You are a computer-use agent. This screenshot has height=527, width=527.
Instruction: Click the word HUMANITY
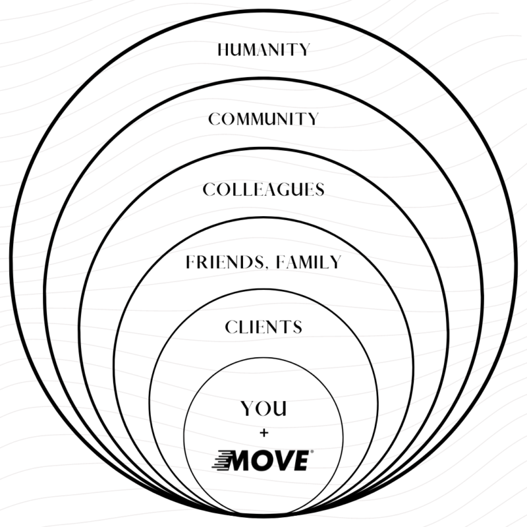coord(263,49)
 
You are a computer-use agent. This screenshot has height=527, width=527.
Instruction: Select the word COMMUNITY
coord(263,119)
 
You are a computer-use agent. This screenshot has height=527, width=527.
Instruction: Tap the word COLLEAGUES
coord(263,190)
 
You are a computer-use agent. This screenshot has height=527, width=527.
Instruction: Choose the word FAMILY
coord(310,262)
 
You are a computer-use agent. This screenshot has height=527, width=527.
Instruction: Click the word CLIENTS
coord(263,327)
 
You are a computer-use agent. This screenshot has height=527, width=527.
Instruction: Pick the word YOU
coord(263,409)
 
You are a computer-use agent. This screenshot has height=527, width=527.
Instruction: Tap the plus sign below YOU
coord(263,433)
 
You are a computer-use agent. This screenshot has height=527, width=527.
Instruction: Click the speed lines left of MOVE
coord(222,460)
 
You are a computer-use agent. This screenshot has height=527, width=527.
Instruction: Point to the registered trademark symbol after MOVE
coord(311,453)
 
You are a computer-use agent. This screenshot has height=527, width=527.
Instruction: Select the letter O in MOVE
coord(263,460)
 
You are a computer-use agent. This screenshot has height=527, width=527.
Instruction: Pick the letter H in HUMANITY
coord(224,49)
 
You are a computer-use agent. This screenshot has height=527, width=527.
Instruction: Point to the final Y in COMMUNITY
coord(313,119)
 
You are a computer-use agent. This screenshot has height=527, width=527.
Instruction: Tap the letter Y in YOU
coord(246,409)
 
